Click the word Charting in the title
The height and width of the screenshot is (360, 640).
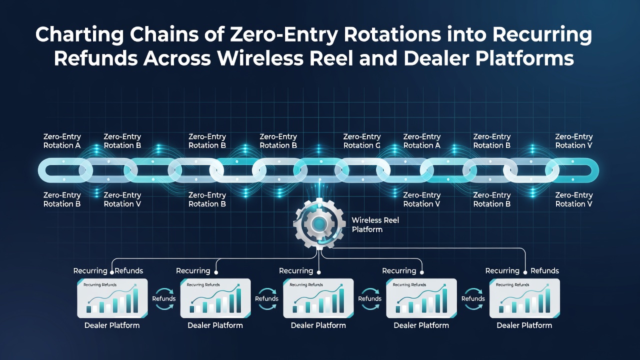79,35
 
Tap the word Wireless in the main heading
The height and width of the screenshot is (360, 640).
260,58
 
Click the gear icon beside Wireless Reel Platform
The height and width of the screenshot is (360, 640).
319,223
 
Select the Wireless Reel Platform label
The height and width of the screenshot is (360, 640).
375,225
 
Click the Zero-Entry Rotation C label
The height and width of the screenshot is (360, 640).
361,141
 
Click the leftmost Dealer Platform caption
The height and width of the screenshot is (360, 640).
112,325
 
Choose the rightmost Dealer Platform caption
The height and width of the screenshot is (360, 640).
524,325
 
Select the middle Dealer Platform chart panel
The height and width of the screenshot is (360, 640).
318,298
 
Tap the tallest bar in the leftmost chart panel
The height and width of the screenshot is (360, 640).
135,300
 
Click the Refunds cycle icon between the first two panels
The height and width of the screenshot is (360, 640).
163,298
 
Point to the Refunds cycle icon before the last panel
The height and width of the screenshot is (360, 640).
473,298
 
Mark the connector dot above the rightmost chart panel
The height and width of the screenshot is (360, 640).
525,272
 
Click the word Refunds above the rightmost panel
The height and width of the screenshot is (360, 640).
544,270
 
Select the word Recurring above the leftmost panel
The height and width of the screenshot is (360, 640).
90,271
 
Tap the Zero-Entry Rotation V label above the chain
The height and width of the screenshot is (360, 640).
573,141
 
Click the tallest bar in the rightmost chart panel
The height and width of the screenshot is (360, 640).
547,300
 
